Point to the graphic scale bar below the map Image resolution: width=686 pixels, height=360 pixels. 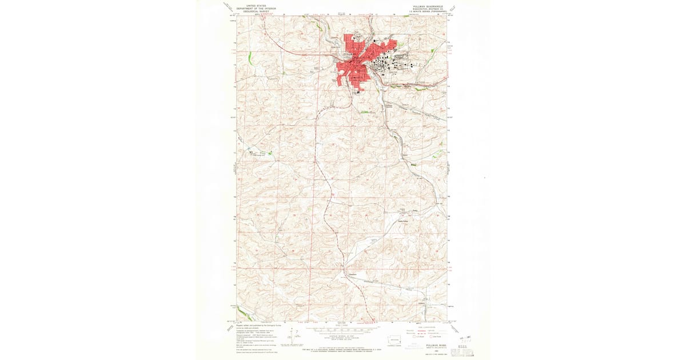(x=342, y=330)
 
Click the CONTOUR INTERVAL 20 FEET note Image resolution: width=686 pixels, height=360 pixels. (x=342, y=337)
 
